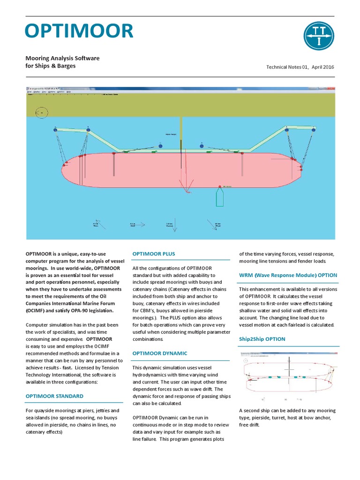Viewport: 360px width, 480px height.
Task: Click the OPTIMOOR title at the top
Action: (x=79, y=31)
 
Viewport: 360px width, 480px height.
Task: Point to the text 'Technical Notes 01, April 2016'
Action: (x=300, y=67)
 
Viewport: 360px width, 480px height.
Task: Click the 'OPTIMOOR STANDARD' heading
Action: (x=54, y=396)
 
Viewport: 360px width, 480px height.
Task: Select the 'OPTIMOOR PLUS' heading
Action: (x=154, y=254)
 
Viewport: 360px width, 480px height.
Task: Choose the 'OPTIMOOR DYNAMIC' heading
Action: (x=160, y=353)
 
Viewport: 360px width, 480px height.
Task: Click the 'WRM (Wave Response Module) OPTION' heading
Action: (x=288, y=275)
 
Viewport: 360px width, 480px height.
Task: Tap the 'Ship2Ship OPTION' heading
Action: (x=262, y=339)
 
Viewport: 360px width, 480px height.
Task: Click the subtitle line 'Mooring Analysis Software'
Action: (x=62, y=58)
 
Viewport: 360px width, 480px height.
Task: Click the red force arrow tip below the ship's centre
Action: (x=188, y=192)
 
